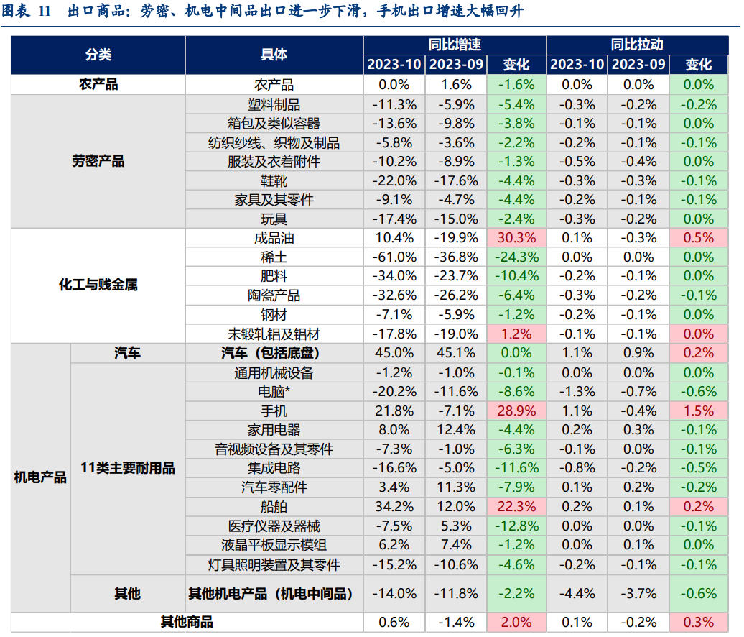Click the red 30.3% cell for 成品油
515,238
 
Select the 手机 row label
274,411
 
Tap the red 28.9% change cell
515,411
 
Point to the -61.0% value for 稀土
394,257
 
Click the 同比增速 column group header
455,45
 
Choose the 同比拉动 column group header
637,45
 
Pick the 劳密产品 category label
98,161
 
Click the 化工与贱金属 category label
98,285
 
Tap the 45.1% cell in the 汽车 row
455,353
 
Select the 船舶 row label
274,506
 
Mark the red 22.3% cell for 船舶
515,506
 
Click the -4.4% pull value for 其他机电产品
576,593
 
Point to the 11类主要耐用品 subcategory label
127,468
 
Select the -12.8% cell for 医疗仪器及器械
515,526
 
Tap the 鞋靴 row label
274,180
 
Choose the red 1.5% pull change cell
699,411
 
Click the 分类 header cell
98,55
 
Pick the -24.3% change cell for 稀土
515,257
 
